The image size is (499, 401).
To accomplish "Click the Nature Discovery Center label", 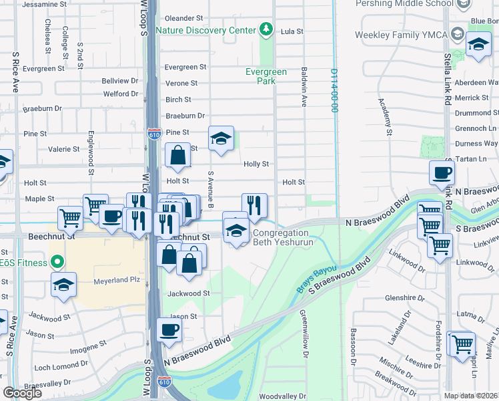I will (205, 31).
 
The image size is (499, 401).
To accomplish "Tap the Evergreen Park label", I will (266, 76).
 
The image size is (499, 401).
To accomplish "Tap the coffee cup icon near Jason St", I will (169, 329).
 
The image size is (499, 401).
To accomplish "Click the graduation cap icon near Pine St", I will (221, 138).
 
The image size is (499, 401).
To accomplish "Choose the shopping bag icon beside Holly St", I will (177, 156).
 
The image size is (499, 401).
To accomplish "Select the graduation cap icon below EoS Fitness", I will (64, 285).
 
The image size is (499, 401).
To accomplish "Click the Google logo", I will (22, 393).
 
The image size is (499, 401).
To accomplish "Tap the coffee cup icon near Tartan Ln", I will (442, 173).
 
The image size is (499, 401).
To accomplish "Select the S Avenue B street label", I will (211, 189).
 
